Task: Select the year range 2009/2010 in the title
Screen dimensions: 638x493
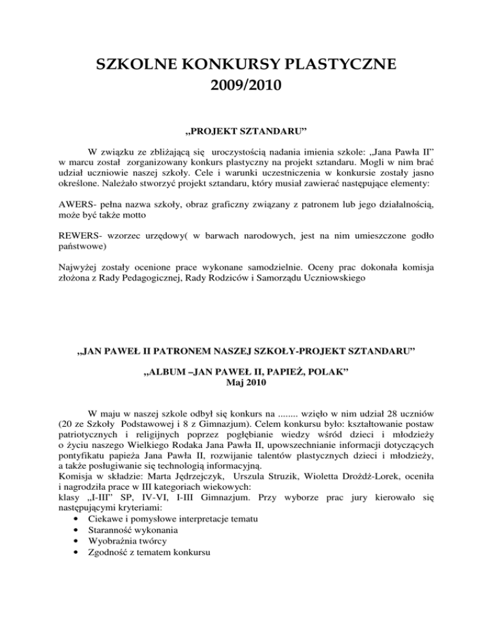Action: point(246,84)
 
